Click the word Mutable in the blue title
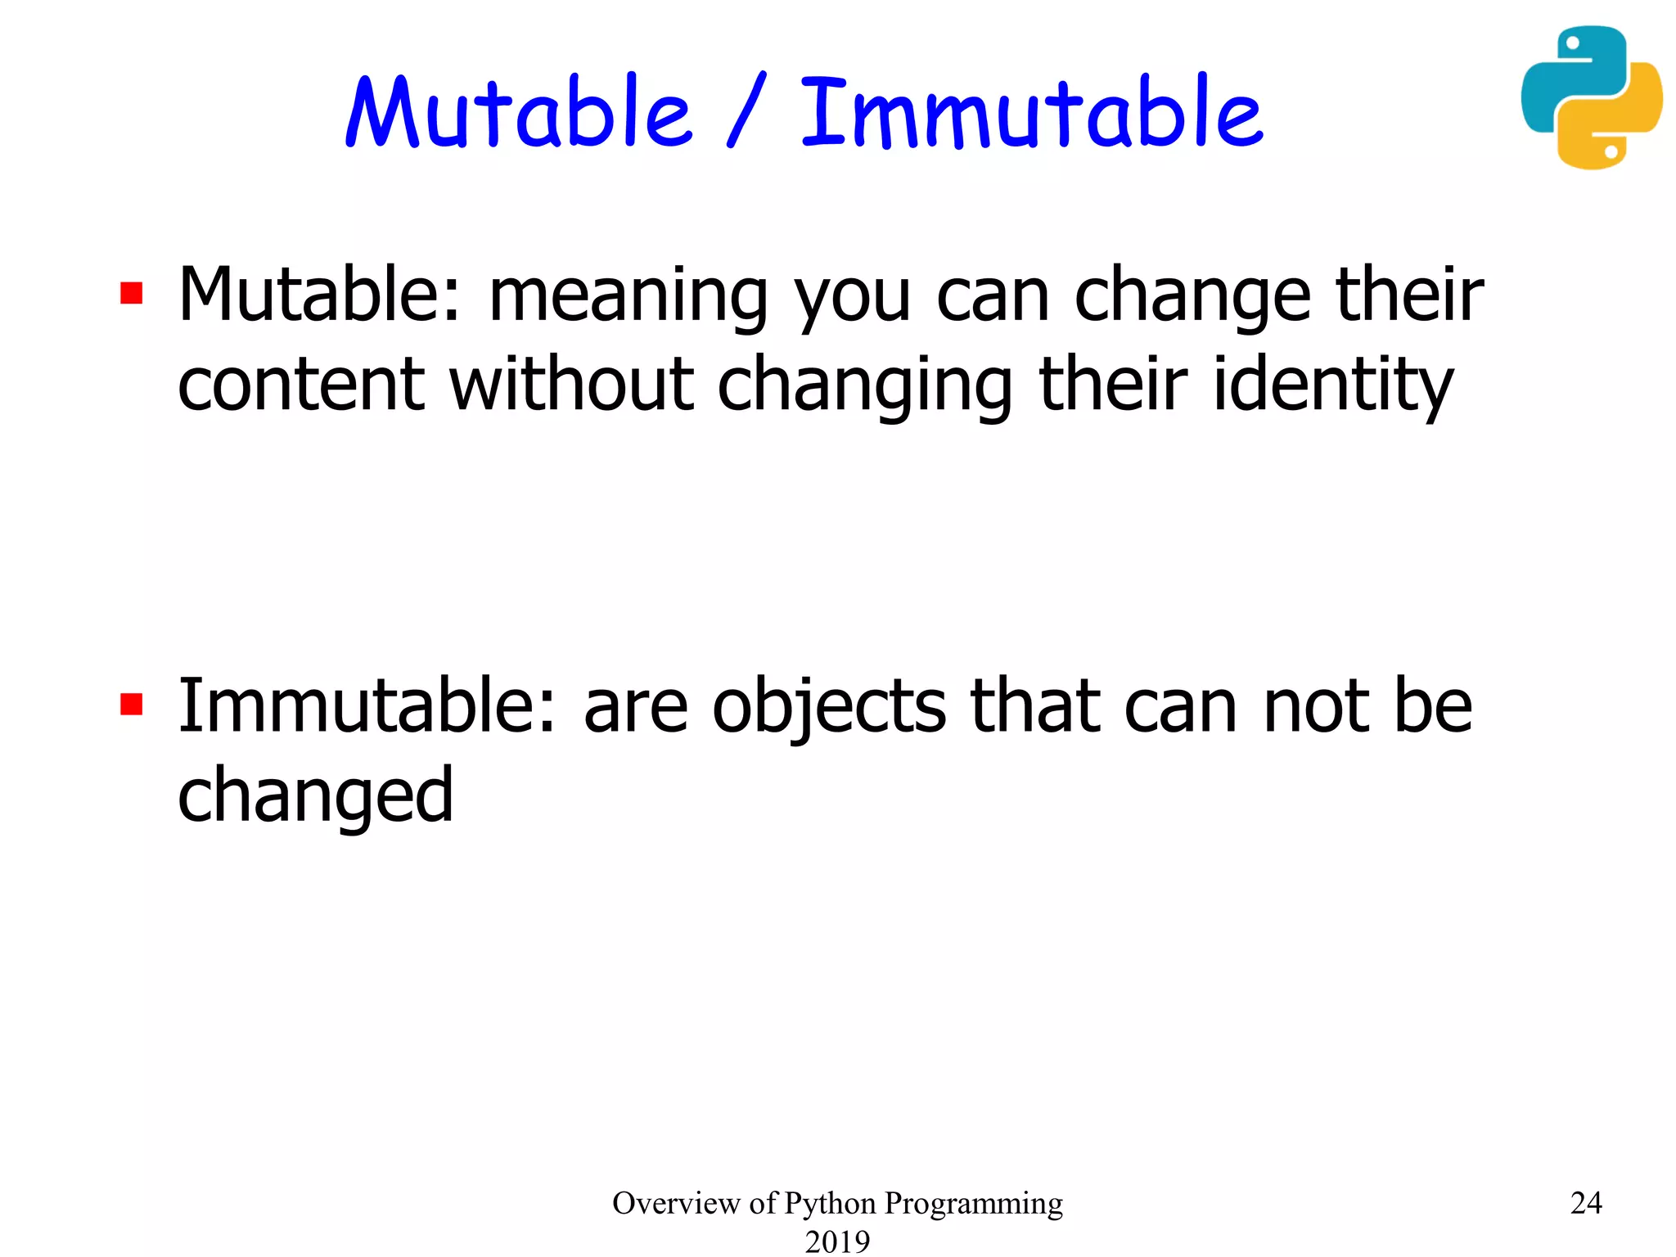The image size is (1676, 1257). click(519, 112)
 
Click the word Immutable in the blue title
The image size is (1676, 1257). click(1031, 112)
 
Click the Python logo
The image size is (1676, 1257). click(1591, 97)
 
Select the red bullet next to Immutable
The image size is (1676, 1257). click(132, 705)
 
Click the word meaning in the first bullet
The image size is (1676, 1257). click(628, 296)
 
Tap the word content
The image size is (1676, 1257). click(300, 384)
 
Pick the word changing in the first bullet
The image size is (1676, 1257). click(865, 385)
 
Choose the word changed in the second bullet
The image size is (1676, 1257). click(315, 796)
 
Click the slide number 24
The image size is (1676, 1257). click(1585, 1203)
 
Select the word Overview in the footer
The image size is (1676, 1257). click(676, 1203)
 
